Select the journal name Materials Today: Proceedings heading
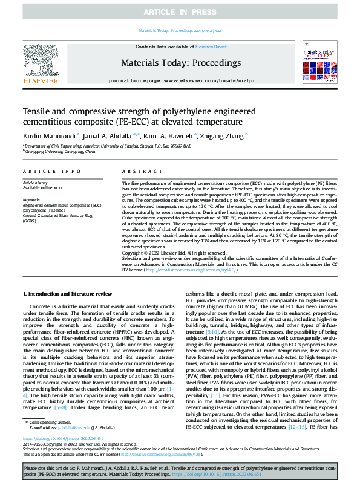pyautogui.click(x=180, y=62)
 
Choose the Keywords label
pyautogui.click(x=31, y=199)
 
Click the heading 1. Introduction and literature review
pyautogui.click(x=67, y=293)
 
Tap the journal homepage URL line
pyautogui.click(x=180, y=80)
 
